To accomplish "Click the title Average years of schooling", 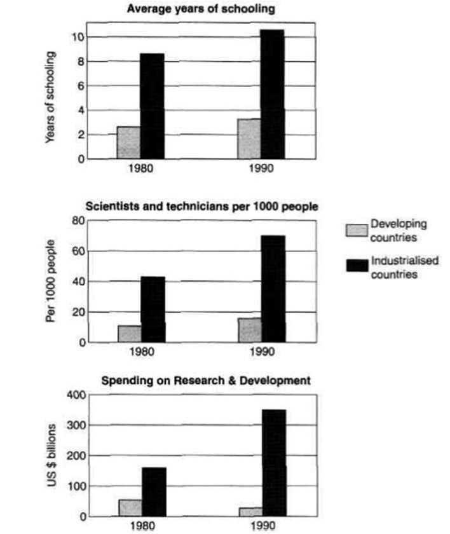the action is click(x=201, y=8).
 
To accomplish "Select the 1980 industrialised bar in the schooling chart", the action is click(x=152, y=106).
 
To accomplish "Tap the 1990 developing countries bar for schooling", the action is click(x=249, y=139).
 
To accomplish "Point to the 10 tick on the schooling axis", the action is click(x=78, y=37).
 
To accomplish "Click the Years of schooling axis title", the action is click(x=50, y=97).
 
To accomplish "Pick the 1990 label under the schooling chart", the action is click(x=261, y=168).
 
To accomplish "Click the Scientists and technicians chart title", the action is click(x=202, y=207).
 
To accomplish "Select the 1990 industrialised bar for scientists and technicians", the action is click(x=273, y=289).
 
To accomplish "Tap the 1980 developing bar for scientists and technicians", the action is click(x=130, y=334).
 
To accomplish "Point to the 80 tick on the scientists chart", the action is click(x=78, y=221).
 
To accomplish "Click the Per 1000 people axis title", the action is click(x=50, y=281).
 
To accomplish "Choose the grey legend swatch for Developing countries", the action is click(x=357, y=230).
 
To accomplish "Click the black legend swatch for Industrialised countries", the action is click(x=357, y=266).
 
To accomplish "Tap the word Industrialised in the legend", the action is click(x=405, y=261).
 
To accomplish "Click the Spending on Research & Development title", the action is click(x=206, y=380).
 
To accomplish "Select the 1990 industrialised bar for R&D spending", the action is click(x=275, y=463).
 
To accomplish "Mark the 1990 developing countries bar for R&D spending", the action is click(x=251, y=512).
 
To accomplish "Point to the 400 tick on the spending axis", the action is click(x=76, y=395).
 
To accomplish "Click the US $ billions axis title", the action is click(x=51, y=456).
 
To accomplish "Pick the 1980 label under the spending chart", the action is click(x=142, y=526).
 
